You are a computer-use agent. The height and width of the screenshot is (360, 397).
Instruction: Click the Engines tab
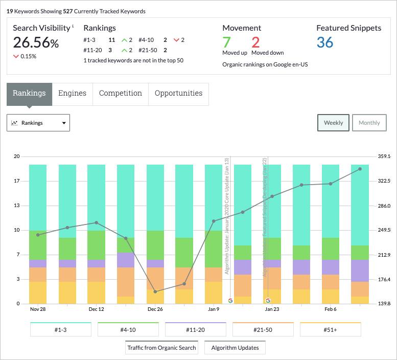72,94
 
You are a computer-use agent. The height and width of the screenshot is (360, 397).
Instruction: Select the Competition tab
121,94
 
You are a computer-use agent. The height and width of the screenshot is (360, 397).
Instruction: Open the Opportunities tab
178,94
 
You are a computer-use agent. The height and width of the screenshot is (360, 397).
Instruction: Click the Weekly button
333,123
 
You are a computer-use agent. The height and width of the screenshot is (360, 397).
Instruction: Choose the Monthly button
369,123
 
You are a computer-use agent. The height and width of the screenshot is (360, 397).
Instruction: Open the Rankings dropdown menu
38,123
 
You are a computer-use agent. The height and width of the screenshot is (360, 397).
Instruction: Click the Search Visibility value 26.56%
36,43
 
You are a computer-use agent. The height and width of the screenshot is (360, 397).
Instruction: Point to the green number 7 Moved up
227,42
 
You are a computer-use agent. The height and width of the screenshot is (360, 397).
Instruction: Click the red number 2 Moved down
255,42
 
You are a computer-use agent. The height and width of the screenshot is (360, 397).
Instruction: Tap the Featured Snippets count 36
325,42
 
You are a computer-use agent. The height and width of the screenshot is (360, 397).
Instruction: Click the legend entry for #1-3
61,330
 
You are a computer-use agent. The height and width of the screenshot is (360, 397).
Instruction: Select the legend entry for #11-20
196,330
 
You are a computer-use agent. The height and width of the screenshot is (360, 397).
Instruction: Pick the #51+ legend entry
331,330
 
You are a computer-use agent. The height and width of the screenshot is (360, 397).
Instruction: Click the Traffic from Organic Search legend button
161,348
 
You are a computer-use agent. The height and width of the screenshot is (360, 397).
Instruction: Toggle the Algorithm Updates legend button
235,348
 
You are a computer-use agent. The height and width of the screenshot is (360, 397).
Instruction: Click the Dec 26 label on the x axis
155,309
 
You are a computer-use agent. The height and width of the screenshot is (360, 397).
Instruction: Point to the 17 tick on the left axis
17,181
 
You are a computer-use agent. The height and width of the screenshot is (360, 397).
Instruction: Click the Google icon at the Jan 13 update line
230,300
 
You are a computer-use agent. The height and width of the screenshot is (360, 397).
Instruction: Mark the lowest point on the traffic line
155,291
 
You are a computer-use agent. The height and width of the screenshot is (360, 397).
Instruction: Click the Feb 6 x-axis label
331,309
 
